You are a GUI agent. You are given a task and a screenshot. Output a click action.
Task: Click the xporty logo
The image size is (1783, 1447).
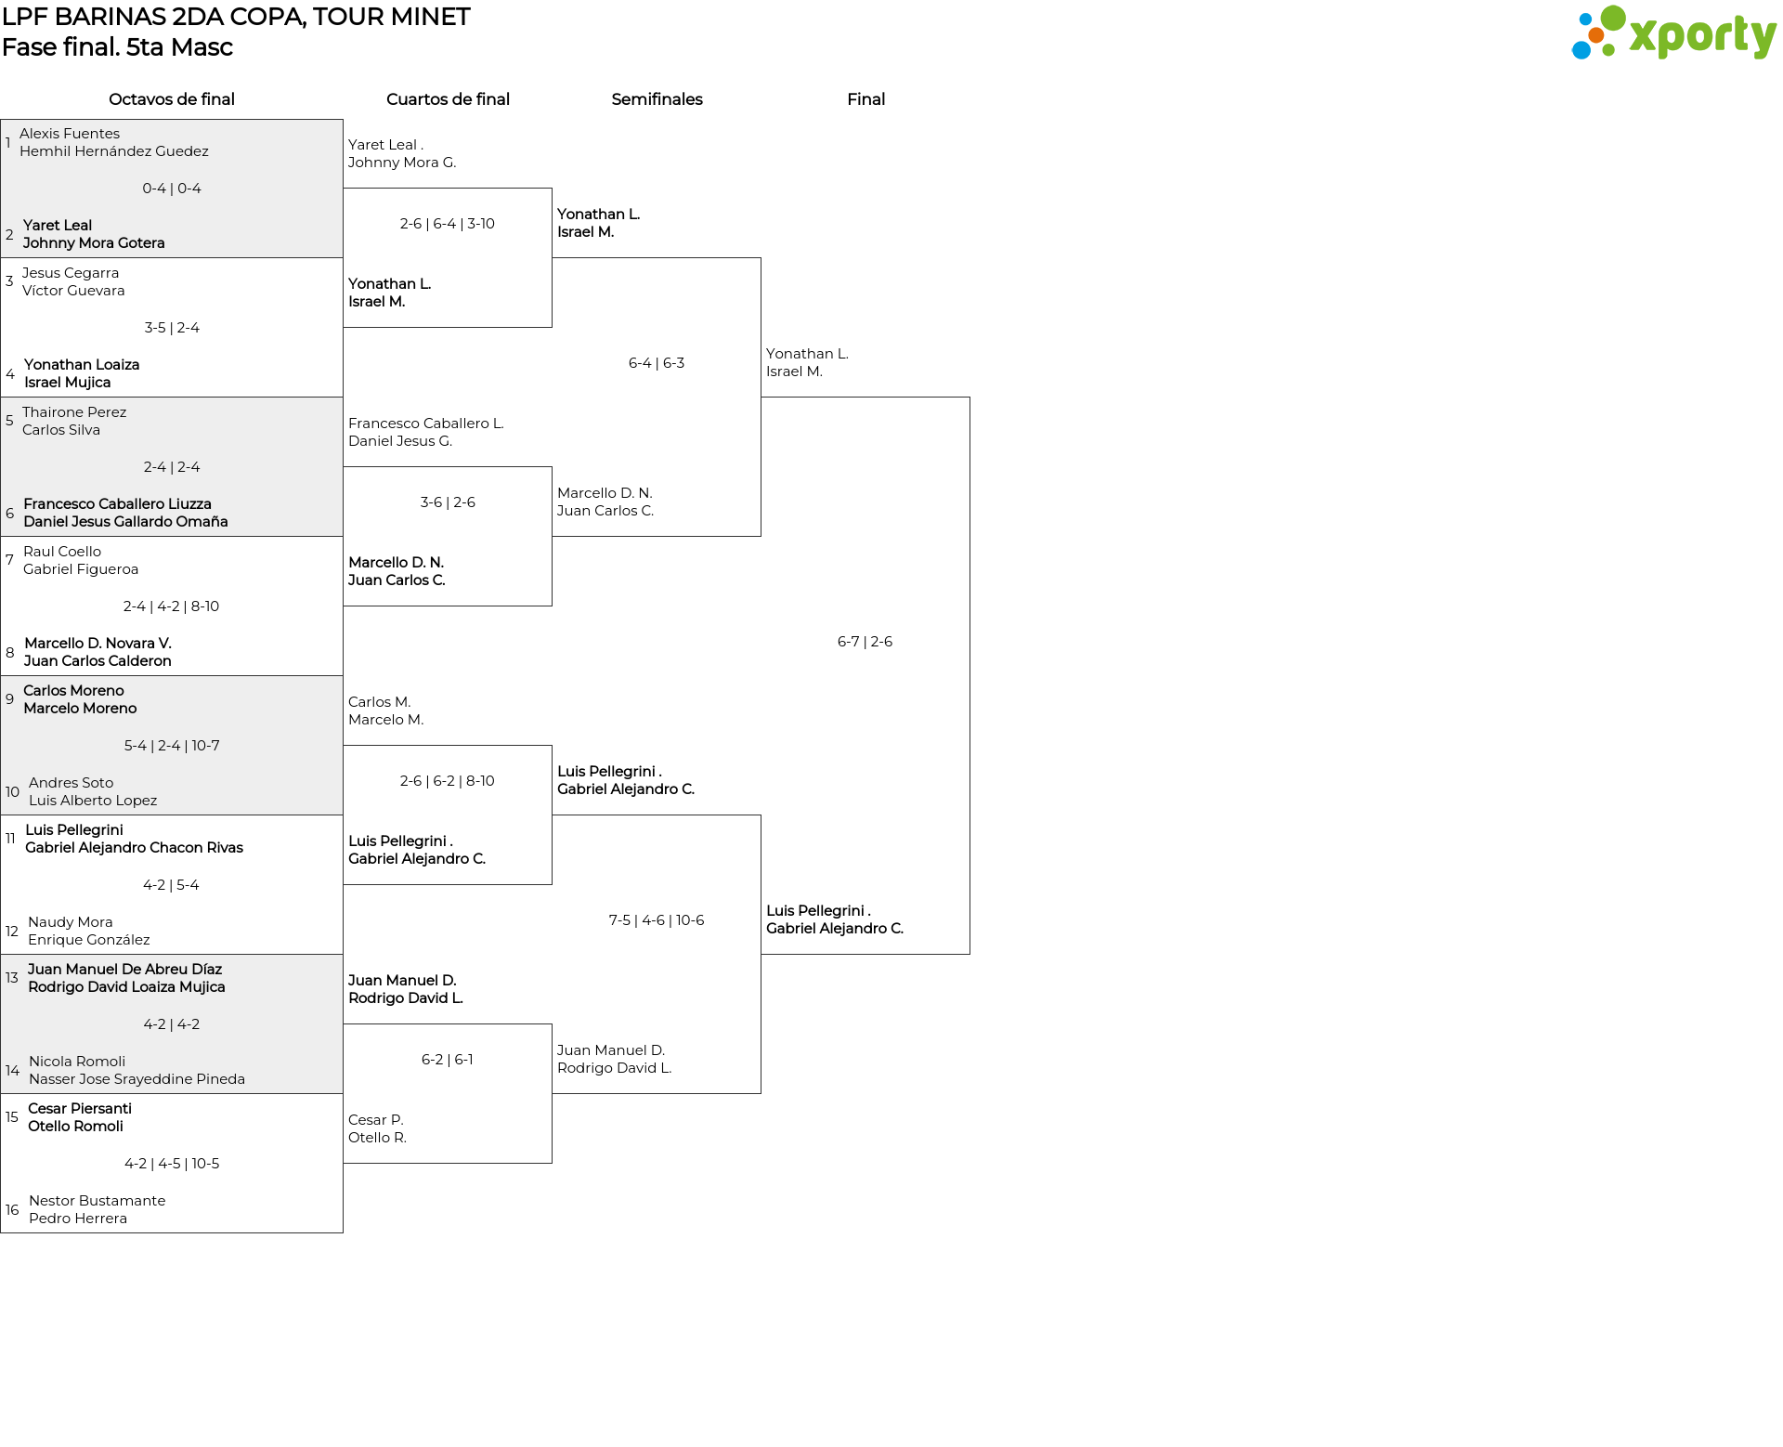pos(1673,33)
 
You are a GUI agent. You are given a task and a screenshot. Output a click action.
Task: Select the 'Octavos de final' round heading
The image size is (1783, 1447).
pos(172,99)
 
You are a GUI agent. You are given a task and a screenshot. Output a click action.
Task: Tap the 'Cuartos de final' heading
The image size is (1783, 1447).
pos(448,99)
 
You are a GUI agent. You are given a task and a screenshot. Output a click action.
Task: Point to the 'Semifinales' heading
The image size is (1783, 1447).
pos(657,99)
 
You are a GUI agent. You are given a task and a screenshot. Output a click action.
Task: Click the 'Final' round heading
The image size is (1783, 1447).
pos(865,99)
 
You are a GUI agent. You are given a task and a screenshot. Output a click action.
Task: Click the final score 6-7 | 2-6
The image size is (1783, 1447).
pos(865,642)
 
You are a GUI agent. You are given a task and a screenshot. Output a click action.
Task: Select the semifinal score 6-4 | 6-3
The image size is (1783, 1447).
pos(657,363)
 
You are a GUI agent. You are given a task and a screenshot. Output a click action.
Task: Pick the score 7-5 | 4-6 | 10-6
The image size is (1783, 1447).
pos(657,920)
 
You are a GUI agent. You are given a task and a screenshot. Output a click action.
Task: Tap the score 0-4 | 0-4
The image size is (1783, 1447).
pos(172,189)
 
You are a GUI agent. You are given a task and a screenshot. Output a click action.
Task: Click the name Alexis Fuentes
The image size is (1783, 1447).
pos(70,134)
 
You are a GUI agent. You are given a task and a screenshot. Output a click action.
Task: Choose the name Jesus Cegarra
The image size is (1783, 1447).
pos(71,273)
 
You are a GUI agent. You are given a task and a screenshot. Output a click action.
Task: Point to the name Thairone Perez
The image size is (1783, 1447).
pos(74,412)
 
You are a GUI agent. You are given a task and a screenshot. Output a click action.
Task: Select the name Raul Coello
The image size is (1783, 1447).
pos(62,552)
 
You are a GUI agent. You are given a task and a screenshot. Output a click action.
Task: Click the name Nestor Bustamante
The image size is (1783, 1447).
pos(98,1201)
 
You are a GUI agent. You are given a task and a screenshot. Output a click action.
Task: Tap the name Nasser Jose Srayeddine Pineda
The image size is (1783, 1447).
pos(137,1079)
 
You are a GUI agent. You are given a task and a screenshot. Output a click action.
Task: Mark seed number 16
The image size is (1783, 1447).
pos(12,1210)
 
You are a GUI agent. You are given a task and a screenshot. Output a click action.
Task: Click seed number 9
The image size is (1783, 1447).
pos(9,699)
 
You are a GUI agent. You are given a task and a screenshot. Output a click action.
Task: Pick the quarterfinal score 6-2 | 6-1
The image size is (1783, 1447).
pos(448,1060)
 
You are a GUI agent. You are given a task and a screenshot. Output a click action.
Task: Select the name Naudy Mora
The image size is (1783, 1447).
pos(71,922)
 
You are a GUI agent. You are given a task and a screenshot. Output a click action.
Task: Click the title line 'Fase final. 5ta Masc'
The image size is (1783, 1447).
pos(117,47)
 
